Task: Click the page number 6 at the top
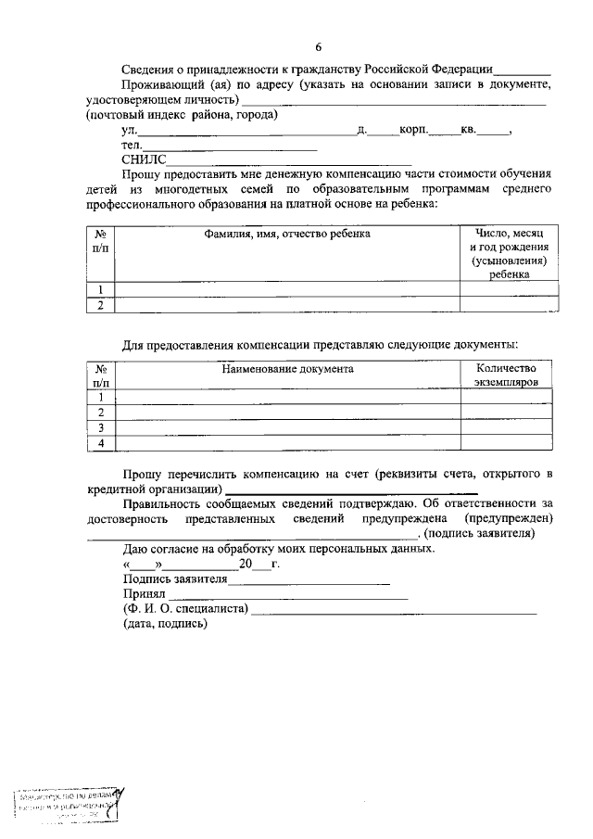(x=318, y=46)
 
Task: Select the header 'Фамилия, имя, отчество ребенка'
(x=287, y=234)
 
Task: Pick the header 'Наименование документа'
(x=287, y=368)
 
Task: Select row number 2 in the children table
(x=100, y=305)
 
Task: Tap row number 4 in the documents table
(x=100, y=444)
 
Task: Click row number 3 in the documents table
(x=100, y=427)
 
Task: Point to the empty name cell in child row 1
(x=287, y=288)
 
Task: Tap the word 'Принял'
(x=143, y=593)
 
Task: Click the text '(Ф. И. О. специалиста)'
(x=184, y=608)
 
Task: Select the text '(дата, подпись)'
(x=165, y=624)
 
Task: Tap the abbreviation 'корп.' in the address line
(x=413, y=131)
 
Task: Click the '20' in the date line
(x=246, y=564)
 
